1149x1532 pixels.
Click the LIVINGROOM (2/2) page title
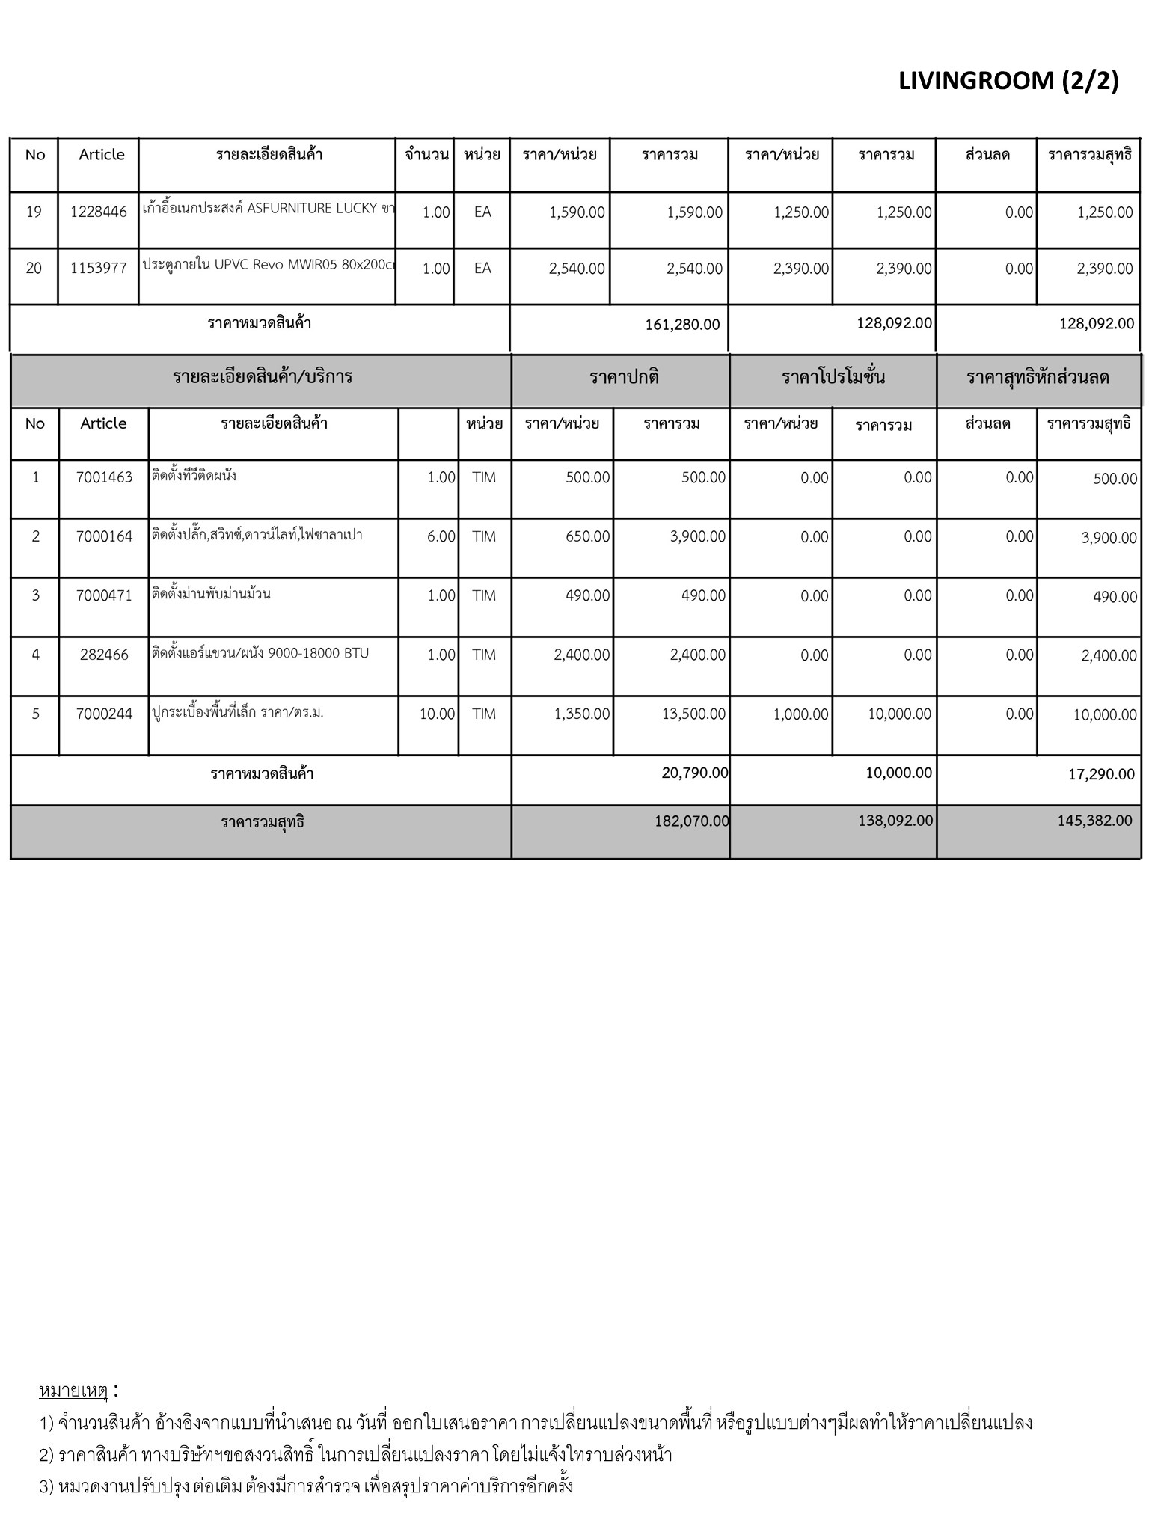[1008, 81]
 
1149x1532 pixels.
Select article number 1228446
[99, 212]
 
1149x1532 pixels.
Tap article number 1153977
[99, 268]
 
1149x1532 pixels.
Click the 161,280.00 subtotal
[682, 325]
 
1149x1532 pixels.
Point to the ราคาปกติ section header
[624, 377]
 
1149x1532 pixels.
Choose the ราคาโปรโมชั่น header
[833, 377]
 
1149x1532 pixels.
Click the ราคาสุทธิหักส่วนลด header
[1038, 377]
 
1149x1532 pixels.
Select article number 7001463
[104, 477]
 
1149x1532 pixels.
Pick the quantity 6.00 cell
[441, 536]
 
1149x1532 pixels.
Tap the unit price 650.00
[588, 536]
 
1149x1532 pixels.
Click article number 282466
[104, 655]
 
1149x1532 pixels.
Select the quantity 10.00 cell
[437, 714]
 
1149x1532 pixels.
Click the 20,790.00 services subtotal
[694, 773]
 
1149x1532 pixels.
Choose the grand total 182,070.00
[691, 821]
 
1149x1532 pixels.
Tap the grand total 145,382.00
[1094, 821]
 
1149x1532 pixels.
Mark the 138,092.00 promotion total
[895, 821]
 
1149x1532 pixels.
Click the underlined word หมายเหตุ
[73, 1391]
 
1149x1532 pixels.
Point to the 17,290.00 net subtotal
[1101, 774]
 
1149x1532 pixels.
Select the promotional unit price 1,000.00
[800, 714]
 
